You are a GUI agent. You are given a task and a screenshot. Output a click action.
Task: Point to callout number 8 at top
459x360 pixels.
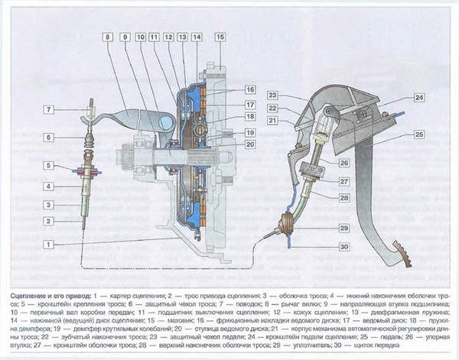point(109,37)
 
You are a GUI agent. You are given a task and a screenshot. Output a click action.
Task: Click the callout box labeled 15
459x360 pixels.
point(220,37)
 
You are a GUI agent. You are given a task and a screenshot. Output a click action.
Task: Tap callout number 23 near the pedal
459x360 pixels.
point(273,96)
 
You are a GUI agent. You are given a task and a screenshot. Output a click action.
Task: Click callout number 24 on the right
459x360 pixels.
point(418,97)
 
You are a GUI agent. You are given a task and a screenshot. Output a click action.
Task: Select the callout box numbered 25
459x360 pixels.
point(418,134)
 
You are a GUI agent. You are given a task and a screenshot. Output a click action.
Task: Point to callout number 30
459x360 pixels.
point(343,246)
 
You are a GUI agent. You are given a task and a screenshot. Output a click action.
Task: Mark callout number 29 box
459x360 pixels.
point(343,229)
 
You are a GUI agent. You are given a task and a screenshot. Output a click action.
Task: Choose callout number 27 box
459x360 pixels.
point(343,180)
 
